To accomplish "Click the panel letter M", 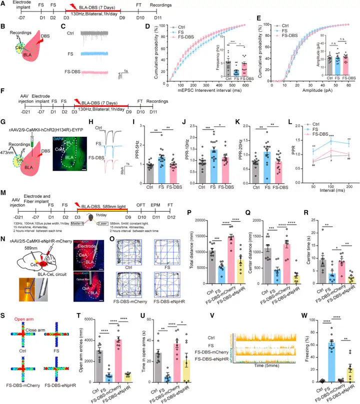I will (4, 207).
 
